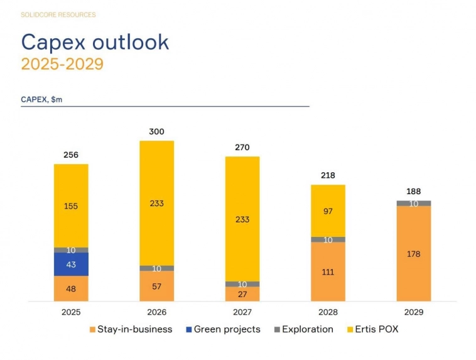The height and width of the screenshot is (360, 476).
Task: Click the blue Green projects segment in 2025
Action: tap(71, 264)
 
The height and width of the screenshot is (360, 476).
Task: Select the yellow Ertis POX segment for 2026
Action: tap(156, 202)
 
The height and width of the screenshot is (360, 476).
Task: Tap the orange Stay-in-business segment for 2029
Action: tap(414, 254)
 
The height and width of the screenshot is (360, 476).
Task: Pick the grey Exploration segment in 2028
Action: tap(328, 239)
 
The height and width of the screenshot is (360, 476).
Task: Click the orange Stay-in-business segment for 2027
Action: tap(242, 294)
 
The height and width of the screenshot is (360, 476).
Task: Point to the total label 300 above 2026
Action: tap(156, 132)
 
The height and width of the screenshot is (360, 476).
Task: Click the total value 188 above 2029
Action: tap(414, 192)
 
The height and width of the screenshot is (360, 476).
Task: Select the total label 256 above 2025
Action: tap(71, 155)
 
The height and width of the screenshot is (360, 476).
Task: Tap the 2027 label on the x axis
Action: tap(242, 312)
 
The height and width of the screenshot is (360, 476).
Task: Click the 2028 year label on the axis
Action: tap(328, 312)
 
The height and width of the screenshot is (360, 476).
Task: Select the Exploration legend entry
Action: tap(303, 329)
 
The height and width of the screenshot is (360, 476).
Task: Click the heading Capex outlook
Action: tap(95, 41)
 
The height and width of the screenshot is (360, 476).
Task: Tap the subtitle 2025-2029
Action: tap(62, 64)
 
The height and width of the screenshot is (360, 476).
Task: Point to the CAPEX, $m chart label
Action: tap(41, 99)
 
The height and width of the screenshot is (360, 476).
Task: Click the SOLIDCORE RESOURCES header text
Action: tap(58, 14)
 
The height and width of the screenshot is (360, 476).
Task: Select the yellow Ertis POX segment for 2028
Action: tap(328, 210)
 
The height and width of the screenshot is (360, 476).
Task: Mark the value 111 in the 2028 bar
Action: tap(328, 272)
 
